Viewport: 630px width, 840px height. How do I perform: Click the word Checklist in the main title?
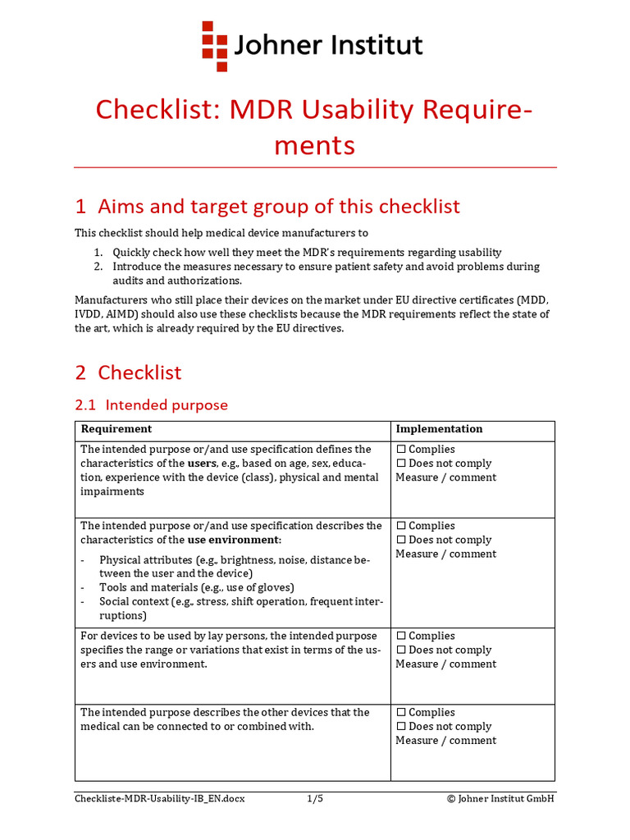pyautogui.click(x=153, y=109)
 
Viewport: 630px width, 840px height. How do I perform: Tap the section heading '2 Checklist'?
pyautogui.click(x=128, y=372)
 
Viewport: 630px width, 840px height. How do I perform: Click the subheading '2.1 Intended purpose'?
pyautogui.click(x=151, y=405)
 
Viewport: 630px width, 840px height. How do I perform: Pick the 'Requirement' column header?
pyautogui.click(x=116, y=429)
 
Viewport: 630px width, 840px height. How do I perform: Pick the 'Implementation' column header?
pyautogui.click(x=439, y=429)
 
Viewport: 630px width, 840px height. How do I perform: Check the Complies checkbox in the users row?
pyautogui.click(x=401, y=450)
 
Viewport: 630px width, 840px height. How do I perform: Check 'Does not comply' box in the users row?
pyautogui.click(x=401, y=463)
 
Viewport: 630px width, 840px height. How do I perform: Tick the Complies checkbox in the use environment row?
pyautogui.click(x=401, y=526)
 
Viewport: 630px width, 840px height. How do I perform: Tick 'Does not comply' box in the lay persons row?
pyautogui.click(x=401, y=650)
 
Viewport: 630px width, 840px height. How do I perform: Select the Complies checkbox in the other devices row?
pyautogui.click(x=401, y=713)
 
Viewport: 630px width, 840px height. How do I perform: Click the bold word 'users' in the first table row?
pyautogui.click(x=202, y=463)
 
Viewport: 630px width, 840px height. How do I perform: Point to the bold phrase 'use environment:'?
pyautogui.click(x=234, y=540)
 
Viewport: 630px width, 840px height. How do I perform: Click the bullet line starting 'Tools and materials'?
pyautogui.click(x=196, y=587)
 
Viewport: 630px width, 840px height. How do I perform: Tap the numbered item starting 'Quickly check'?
pyautogui.click(x=307, y=253)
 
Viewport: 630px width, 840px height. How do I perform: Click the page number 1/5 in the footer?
pyautogui.click(x=315, y=798)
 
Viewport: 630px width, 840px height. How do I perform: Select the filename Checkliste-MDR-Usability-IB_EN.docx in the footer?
pyautogui.click(x=159, y=798)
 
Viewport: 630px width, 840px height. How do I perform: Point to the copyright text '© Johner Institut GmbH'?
pyautogui.click(x=500, y=798)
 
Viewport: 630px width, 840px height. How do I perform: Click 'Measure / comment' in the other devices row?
pyautogui.click(x=445, y=741)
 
